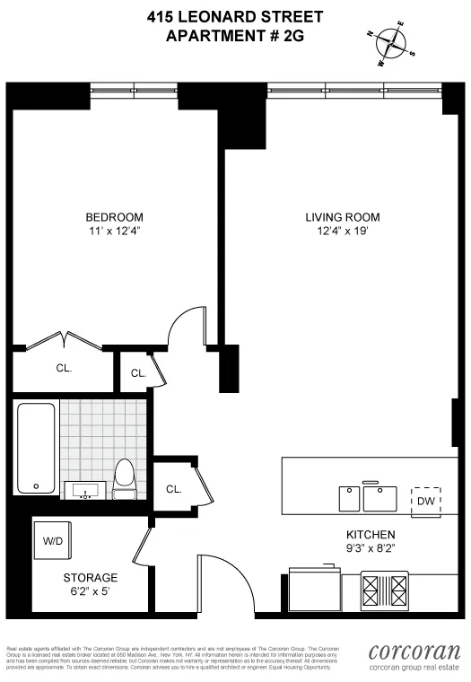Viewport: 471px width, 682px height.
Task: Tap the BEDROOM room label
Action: pyautogui.click(x=114, y=217)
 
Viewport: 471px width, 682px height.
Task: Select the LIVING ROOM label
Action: pyautogui.click(x=343, y=217)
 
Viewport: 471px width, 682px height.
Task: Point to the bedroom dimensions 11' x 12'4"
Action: pyautogui.click(x=114, y=232)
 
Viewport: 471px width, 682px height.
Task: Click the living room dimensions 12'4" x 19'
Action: pyautogui.click(x=343, y=232)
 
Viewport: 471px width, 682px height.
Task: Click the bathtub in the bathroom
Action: pyautogui.click(x=37, y=448)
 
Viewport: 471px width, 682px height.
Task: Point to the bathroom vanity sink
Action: pyautogui.click(x=86, y=490)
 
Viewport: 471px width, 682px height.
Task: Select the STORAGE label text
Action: pyautogui.click(x=90, y=577)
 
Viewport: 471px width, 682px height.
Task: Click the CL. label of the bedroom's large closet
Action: pyautogui.click(x=64, y=368)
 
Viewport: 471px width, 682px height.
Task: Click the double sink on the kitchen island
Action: pyautogui.click(x=367, y=496)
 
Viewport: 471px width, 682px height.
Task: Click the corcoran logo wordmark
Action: pyautogui.click(x=414, y=652)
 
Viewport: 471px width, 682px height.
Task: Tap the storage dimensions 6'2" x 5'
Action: pyautogui.click(x=90, y=591)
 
